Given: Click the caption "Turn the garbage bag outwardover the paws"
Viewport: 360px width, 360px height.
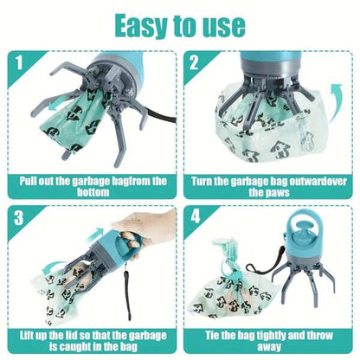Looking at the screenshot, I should coord(270,188).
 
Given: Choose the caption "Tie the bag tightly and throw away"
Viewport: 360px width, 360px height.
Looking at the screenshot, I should coord(270,339).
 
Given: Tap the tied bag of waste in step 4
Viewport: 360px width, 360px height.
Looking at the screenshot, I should coord(229,277).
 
